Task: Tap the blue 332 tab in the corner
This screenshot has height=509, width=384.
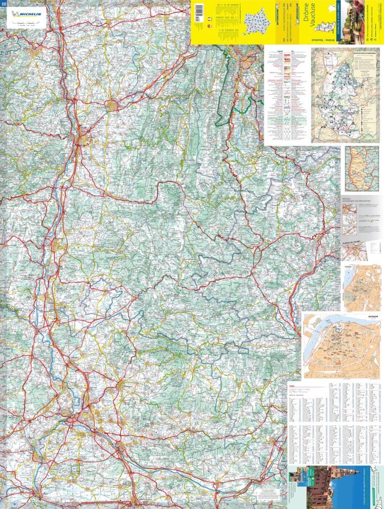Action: tap(3, 4)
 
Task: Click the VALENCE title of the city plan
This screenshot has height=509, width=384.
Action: tap(349, 266)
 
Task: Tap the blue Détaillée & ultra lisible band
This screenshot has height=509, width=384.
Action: tap(334, 21)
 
